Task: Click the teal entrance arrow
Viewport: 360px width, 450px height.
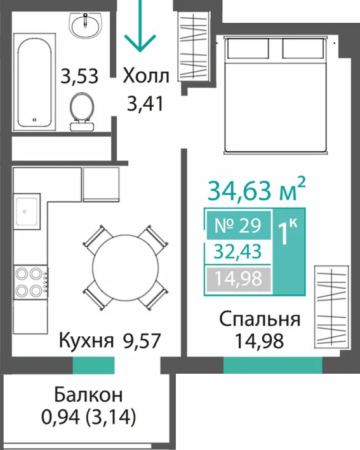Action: tap(140, 26)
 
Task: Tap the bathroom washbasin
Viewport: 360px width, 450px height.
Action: tap(86, 25)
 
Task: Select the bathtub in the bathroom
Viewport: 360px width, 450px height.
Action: tap(34, 82)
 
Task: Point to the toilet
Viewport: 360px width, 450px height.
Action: tap(82, 112)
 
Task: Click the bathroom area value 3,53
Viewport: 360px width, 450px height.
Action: tap(79, 76)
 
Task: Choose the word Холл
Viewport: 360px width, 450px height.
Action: tap(146, 76)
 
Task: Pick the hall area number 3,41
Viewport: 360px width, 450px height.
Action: tap(145, 104)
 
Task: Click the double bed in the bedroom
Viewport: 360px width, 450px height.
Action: tap(276, 95)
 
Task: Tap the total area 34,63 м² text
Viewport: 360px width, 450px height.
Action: tap(257, 189)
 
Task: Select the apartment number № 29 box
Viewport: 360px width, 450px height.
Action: tap(239, 225)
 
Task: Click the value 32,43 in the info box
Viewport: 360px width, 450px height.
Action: tap(238, 252)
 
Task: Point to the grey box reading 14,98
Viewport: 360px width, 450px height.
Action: tap(239, 278)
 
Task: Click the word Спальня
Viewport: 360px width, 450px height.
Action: tap(260, 319)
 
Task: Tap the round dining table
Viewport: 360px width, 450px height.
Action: tap(126, 267)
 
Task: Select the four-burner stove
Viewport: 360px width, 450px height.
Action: tap(30, 282)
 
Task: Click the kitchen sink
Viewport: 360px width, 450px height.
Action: tap(27, 211)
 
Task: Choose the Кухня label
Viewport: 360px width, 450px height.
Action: tap(86, 341)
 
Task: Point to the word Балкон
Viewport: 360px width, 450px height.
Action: tap(88, 395)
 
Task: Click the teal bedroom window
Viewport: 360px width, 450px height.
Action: tap(272, 365)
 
